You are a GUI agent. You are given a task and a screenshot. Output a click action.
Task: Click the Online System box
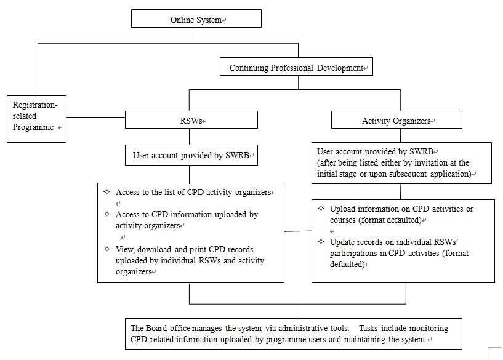pyautogui.click(x=196, y=18)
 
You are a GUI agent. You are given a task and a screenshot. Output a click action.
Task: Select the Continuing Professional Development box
pyautogui.click(x=296, y=66)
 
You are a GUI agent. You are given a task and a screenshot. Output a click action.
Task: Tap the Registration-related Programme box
pyautogui.click(x=36, y=119)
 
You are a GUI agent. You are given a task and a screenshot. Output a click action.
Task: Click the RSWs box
pyautogui.click(x=191, y=120)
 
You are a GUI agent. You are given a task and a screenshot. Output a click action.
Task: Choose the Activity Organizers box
pyautogui.click(x=397, y=120)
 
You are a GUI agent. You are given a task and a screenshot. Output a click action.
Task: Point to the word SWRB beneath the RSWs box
pyautogui.click(x=237, y=156)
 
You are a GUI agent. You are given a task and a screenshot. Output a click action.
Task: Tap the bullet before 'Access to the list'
pyautogui.click(x=107, y=192)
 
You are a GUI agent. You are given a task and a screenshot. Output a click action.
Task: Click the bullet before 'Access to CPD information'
pyautogui.click(x=107, y=214)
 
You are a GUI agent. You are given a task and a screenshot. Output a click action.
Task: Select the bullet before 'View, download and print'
pyautogui.click(x=107, y=249)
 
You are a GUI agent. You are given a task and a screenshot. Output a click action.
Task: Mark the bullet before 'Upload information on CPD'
pyautogui.click(x=321, y=209)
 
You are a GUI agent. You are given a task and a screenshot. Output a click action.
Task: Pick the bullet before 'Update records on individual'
pyautogui.click(x=321, y=241)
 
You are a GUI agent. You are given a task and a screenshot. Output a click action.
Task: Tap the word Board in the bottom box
pyautogui.click(x=156, y=328)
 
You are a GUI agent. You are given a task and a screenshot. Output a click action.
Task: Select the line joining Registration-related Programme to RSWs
pyautogui.click(x=95, y=117)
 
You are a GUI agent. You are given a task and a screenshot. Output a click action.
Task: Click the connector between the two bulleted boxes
pyautogui.click(x=298, y=231)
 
